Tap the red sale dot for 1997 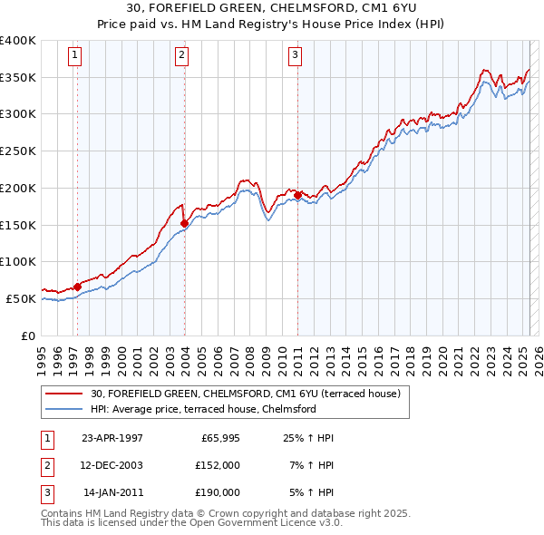[x=77, y=287]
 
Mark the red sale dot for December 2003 [x=185, y=223]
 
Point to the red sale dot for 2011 [x=298, y=194]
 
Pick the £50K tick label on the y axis [x=21, y=298]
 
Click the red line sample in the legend [x=64, y=394]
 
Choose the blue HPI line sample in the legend [x=64, y=409]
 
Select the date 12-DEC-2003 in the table [x=112, y=465]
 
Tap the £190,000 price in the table [x=217, y=492]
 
